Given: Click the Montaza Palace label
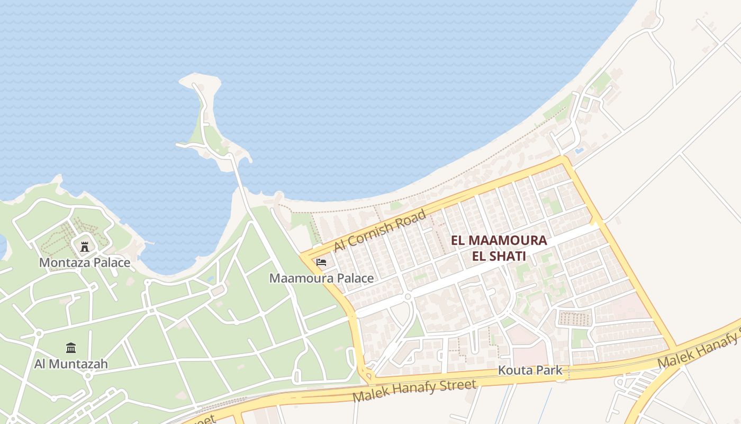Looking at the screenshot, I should click(x=85, y=262).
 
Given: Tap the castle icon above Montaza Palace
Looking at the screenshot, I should click(x=84, y=246).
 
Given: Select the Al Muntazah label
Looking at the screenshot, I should click(x=71, y=364).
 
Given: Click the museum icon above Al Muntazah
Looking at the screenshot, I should click(x=71, y=348).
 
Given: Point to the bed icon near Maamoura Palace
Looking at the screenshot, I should click(x=321, y=262).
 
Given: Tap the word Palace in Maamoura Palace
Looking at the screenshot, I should click(x=355, y=278).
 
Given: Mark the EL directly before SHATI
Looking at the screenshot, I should click(x=480, y=257).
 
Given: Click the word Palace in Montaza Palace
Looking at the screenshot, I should click(x=112, y=262).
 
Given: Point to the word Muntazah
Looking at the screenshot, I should click(x=78, y=364).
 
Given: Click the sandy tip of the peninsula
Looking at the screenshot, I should click(x=200, y=81).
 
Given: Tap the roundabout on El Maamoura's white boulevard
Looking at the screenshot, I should click(x=408, y=297).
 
